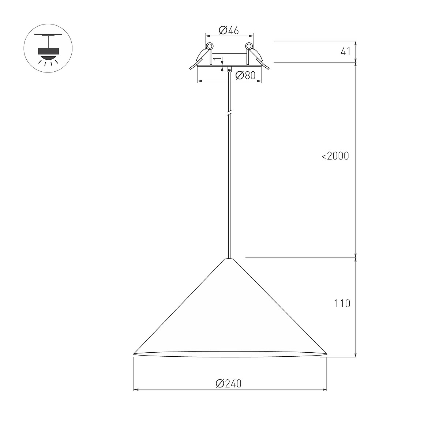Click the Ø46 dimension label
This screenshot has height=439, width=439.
229,30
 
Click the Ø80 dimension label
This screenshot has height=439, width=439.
245,75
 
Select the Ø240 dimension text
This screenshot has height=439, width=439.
229,384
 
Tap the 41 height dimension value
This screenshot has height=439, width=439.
346,52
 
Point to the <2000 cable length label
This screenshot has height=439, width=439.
335,156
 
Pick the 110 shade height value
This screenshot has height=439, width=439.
342,304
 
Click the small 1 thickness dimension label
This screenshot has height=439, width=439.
217,59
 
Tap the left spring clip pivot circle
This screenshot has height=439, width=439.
210,46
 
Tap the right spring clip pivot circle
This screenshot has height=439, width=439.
249,46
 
